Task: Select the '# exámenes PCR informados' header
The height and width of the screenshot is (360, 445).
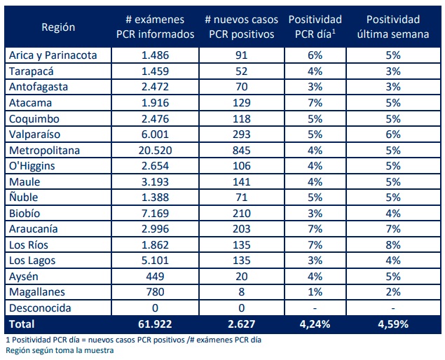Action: coord(155,27)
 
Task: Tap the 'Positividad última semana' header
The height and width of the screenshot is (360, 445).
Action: coord(392,27)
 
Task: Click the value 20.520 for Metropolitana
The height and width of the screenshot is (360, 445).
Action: coord(155,150)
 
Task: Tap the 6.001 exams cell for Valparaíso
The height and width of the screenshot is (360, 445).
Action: coord(155,134)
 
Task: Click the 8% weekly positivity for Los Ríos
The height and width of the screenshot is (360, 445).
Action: coord(392,245)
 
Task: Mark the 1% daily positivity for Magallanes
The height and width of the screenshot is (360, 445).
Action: coord(315,292)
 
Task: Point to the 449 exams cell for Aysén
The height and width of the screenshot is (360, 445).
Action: coord(155,277)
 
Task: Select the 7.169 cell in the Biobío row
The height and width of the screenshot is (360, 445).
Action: coord(155,213)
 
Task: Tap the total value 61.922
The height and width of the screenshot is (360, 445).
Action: coord(155,324)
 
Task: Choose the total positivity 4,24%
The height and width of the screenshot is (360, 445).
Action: coord(315,324)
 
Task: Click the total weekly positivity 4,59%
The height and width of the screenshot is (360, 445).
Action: coord(392,324)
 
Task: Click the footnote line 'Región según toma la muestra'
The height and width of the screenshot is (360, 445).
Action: coord(60,350)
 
